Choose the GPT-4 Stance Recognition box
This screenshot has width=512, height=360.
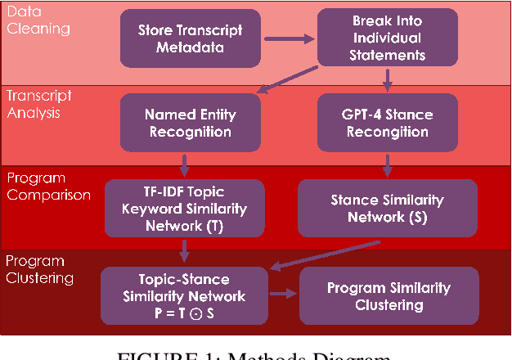click(388, 123)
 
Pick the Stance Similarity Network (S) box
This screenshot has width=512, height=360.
click(388, 208)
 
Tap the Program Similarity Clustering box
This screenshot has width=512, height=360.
click(388, 296)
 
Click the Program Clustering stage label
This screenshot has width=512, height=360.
click(40, 269)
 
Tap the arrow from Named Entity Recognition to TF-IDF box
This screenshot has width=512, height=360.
click(187, 163)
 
